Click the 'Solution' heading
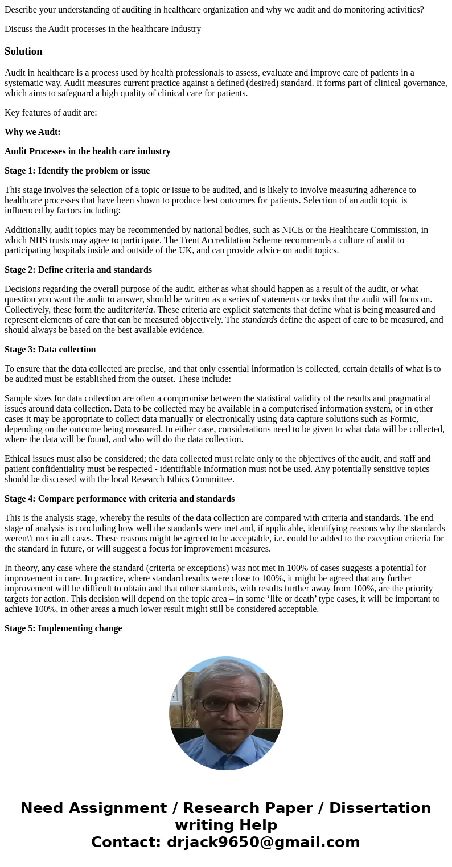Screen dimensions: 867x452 (23, 51)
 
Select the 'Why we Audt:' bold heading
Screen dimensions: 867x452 (32, 132)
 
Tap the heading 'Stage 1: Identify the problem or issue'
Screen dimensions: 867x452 (77, 171)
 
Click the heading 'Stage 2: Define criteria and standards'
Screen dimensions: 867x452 (78, 270)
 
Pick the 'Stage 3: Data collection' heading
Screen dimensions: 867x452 (50, 350)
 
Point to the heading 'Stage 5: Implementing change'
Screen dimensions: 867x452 (63, 628)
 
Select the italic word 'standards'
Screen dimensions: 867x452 (259, 320)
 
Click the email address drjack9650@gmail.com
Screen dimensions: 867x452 (263, 842)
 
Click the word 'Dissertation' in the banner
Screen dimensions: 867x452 (380, 808)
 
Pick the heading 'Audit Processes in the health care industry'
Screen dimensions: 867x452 (87, 151)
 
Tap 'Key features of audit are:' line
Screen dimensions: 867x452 (51, 113)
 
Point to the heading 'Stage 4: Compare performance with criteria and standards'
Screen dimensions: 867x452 (120, 499)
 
